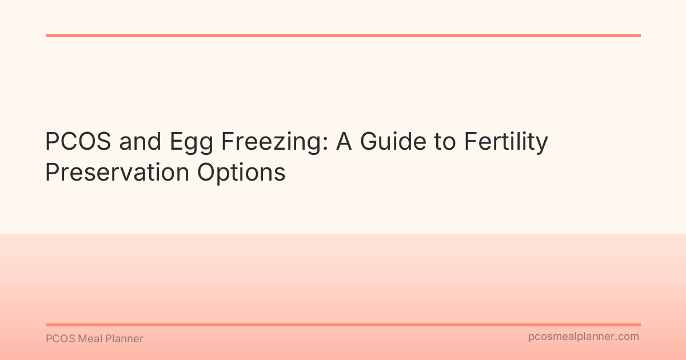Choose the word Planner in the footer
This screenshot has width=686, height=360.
[x=126, y=339]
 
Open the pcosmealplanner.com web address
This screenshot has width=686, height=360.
[x=583, y=337]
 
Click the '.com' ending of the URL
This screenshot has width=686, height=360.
[x=627, y=337]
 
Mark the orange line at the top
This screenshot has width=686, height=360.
[x=343, y=35]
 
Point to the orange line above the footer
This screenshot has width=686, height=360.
[x=343, y=325]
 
